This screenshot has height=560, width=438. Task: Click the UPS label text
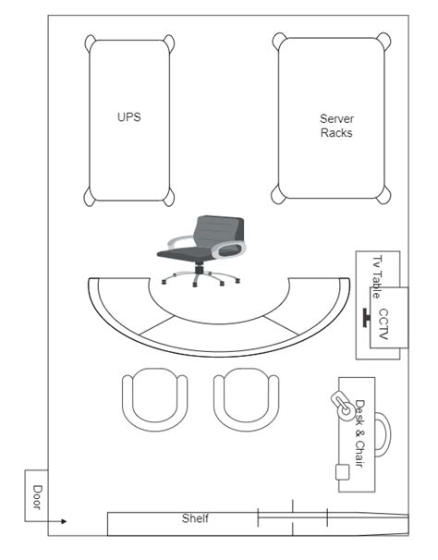tap(129, 117)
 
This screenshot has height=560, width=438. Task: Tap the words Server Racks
tap(336, 126)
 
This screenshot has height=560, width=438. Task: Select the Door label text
tap(37, 497)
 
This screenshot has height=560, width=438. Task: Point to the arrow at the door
tap(45, 521)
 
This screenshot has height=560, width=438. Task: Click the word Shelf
tap(195, 518)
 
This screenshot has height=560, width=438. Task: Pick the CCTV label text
tap(383, 324)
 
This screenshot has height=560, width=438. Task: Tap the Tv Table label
tap(377, 276)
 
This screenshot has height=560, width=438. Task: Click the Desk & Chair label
tap(360, 433)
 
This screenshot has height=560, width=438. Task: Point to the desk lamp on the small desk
tap(343, 406)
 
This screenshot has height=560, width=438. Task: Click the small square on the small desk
tap(342, 472)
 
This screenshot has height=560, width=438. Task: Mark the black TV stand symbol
tap(366, 318)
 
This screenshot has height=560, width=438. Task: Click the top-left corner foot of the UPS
tap(90, 43)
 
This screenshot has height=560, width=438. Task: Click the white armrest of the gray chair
tap(228, 250)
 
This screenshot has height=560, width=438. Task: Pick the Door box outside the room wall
tap(36, 495)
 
